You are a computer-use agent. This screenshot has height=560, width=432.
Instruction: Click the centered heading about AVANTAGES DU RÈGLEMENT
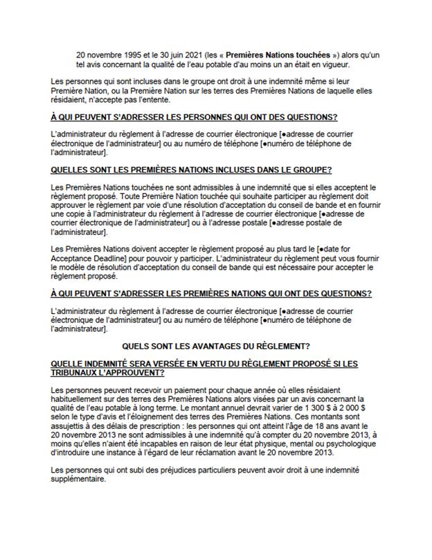215,345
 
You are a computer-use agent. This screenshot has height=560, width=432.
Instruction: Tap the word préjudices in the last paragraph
184,471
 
